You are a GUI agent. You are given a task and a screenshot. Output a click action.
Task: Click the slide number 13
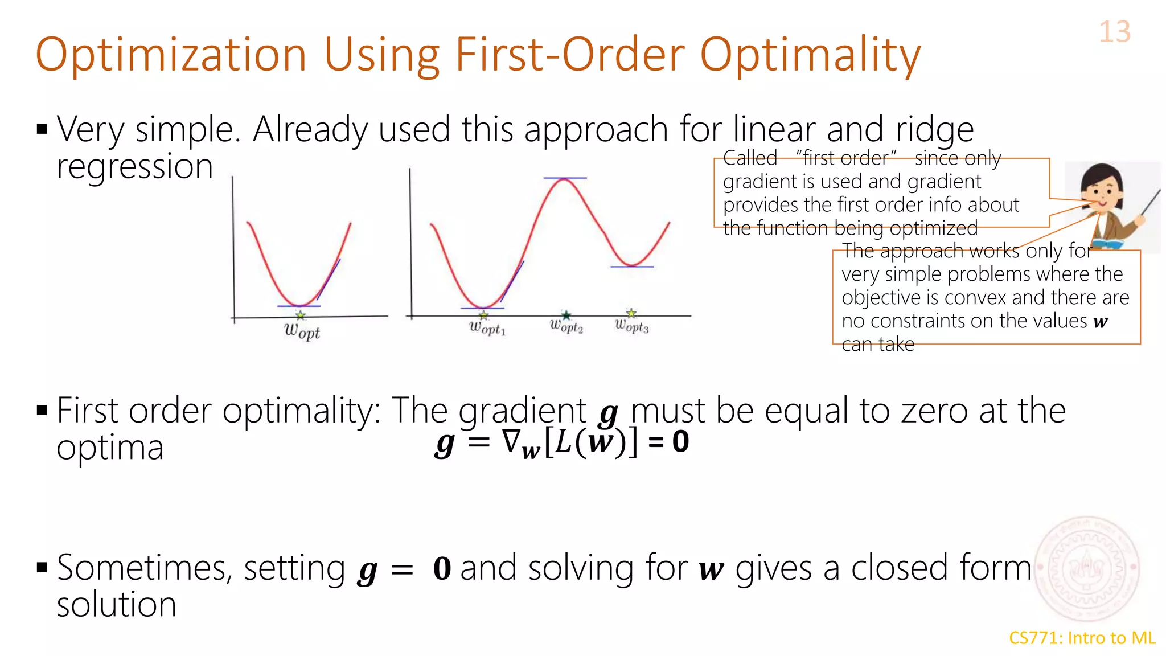1114,32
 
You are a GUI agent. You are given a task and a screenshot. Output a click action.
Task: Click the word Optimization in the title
171,55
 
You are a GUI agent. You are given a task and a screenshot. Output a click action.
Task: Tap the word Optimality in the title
810,56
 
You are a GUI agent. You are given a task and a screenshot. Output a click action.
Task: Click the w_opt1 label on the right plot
487,328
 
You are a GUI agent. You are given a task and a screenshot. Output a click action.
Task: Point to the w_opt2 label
566,326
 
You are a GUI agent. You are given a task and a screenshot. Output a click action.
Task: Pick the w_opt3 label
631,326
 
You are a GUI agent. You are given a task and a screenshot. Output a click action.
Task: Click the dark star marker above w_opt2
566,315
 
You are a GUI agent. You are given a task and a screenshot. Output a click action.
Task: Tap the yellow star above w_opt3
631,313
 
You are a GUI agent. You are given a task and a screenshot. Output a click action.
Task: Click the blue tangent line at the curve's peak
564,178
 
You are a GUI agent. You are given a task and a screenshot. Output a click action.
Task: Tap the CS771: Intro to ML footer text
1082,638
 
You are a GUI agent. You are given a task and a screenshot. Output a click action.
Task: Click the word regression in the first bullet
135,167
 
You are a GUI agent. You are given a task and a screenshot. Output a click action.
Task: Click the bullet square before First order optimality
42,410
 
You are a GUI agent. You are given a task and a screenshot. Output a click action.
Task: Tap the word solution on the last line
117,604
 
